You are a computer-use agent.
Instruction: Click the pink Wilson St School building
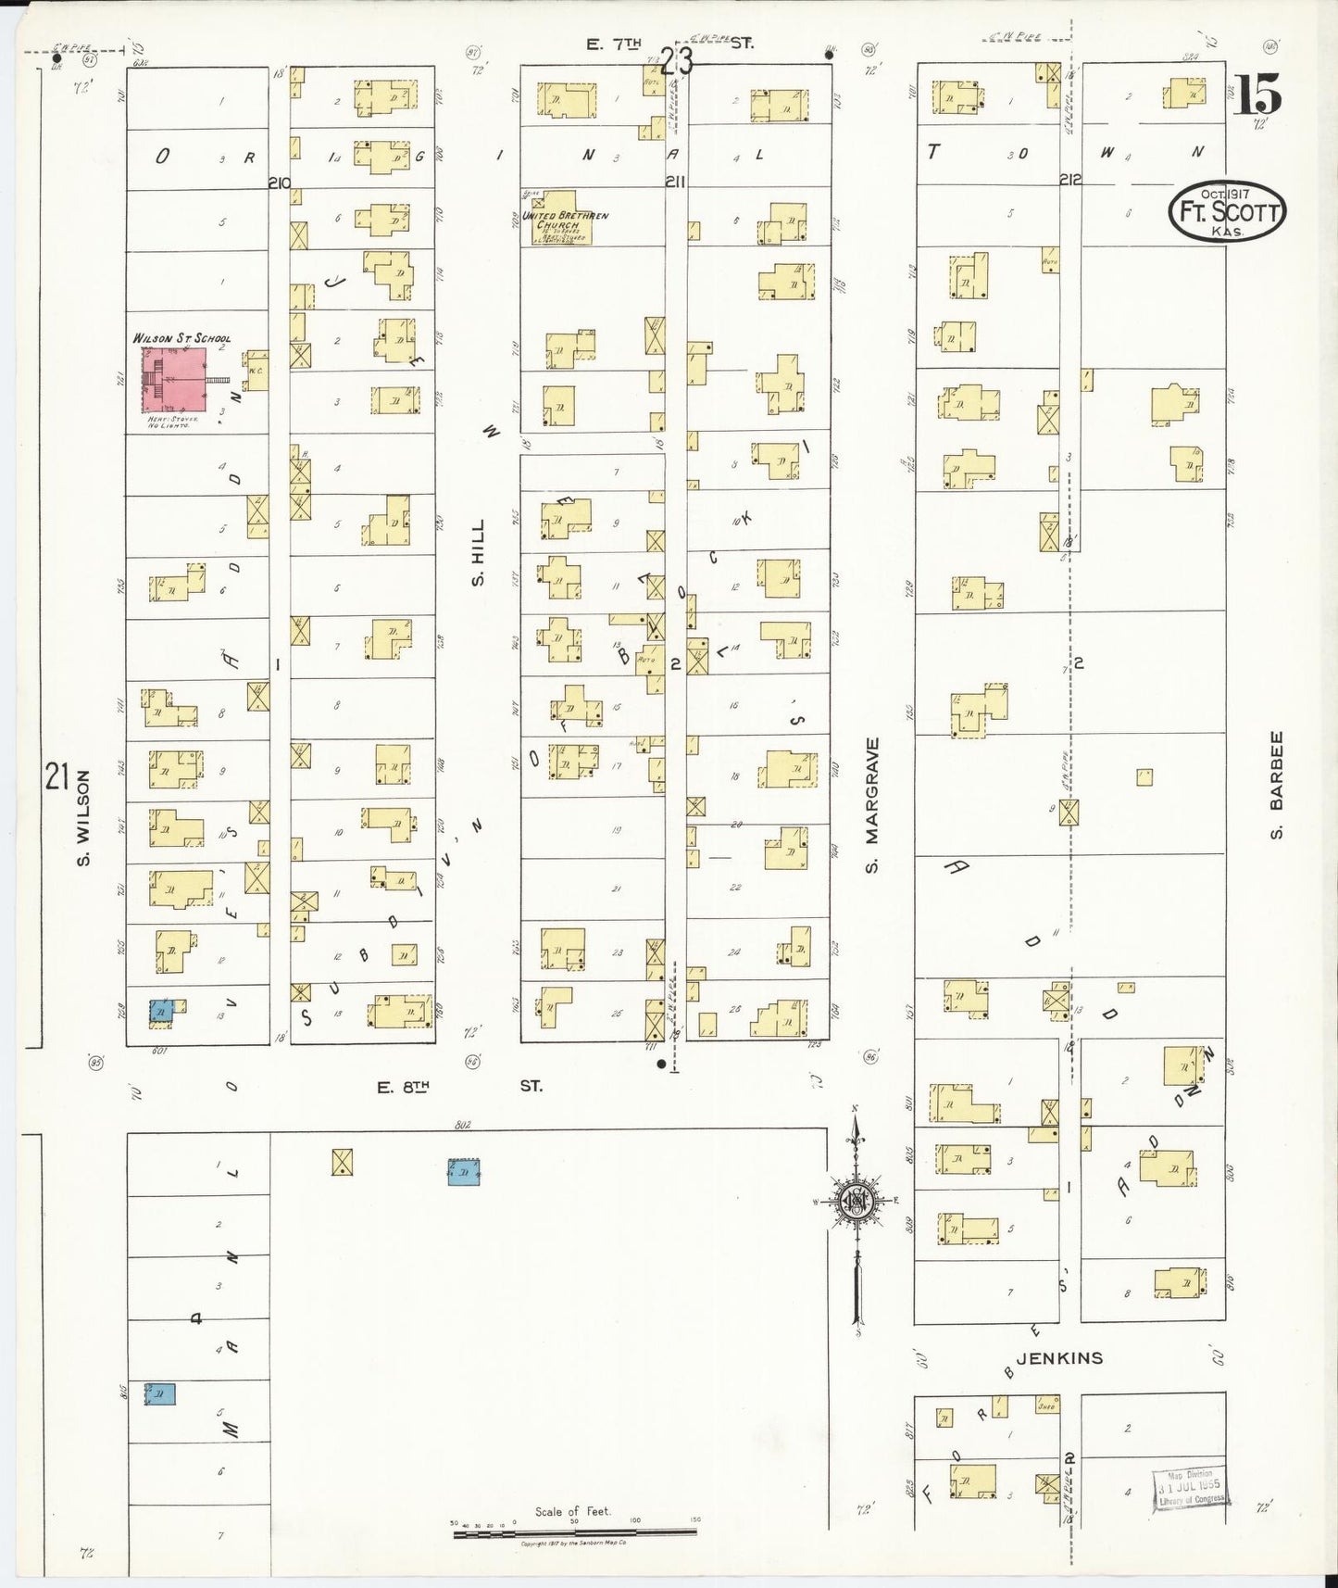(173, 380)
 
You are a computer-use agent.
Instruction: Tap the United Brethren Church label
(566, 221)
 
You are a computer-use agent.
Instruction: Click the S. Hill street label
(478, 553)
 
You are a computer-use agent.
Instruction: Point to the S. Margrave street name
(871, 805)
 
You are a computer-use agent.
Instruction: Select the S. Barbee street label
(1276, 786)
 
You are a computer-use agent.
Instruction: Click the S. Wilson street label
(83, 818)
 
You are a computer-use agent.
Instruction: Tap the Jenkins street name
(1059, 1358)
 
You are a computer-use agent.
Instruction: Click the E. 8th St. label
(458, 1086)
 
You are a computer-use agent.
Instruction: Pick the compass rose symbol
(857, 1201)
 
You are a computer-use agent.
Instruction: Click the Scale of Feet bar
(574, 1534)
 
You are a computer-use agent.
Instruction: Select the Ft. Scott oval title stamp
(1226, 211)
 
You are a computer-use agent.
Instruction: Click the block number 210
(280, 183)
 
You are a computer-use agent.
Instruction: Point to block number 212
(1070, 179)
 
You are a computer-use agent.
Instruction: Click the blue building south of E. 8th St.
(463, 1172)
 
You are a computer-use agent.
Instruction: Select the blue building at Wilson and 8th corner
(161, 1011)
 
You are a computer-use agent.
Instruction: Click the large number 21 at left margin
(57, 776)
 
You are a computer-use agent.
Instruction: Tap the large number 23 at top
(677, 62)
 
